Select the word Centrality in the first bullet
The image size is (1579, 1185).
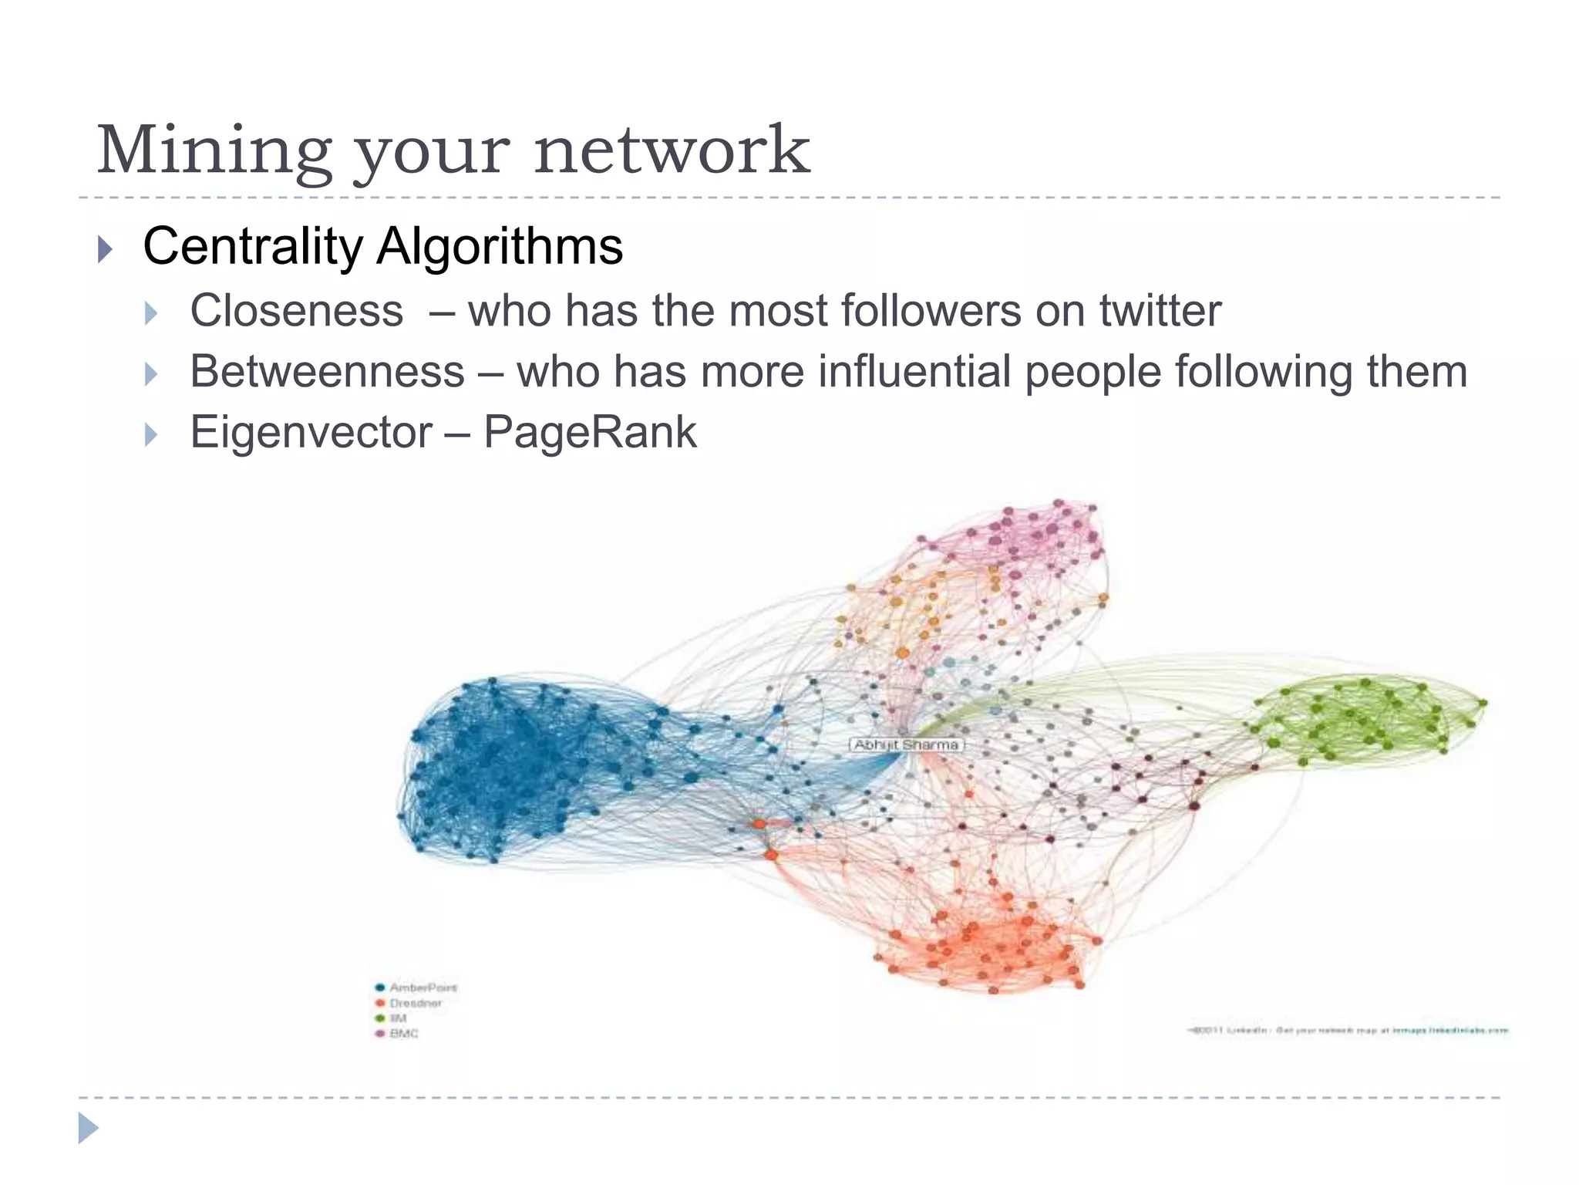pyautogui.click(x=252, y=247)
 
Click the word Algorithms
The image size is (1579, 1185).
pyautogui.click(x=499, y=247)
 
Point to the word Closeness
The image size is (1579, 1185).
pyautogui.click(x=297, y=311)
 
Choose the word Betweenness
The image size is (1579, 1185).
pyautogui.click(x=327, y=372)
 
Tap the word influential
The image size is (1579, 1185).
pyautogui.click(x=914, y=372)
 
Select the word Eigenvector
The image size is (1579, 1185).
pyautogui.click(x=311, y=432)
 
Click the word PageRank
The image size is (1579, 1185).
pyautogui.click(x=590, y=432)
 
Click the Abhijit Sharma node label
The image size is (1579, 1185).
pyautogui.click(x=907, y=744)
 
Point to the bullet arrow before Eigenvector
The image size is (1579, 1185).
pyautogui.click(x=150, y=434)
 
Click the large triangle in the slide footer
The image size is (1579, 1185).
pyautogui.click(x=88, y=1128)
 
